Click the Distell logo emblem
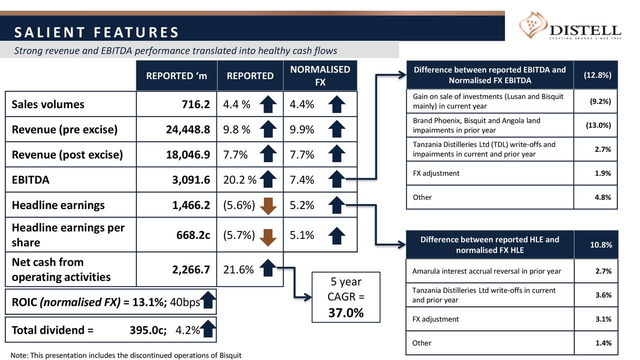(533, 27)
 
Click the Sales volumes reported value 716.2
(195, 104)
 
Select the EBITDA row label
(30, 180)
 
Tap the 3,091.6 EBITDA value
(190, 180)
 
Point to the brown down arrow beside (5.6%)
(269, 205)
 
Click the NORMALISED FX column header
(320, 75)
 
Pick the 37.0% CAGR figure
(345, 313)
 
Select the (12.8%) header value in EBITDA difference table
(595, 75)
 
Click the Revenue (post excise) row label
(67, 154)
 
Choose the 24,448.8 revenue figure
(187, 130)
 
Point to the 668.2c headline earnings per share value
(192, 235)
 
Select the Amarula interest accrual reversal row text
(486, 271)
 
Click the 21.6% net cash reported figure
(238, 270)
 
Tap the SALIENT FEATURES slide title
(96, 33)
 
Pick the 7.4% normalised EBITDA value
(302, 180)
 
